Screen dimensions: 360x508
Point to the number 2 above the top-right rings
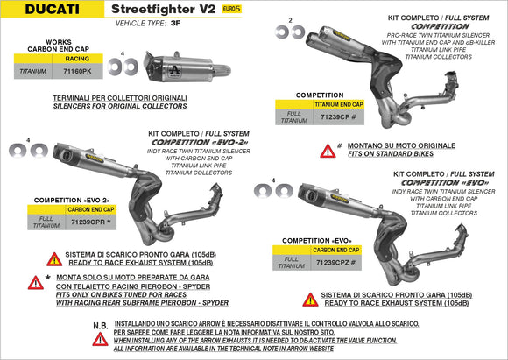290,18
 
